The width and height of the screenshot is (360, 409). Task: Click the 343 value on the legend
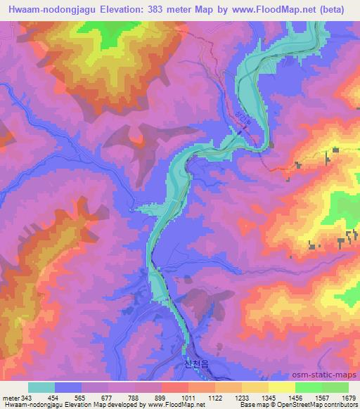(x=26, y=398)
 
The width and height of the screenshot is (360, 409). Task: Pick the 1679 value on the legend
(x=347, y=398)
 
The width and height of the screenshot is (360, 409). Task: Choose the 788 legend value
(x=133, y=398)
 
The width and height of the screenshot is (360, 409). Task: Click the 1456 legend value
(x=293, y=398)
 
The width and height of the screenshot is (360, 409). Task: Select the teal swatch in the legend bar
(x=41, y=387)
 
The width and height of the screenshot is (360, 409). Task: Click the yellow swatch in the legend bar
(x=281, y=387)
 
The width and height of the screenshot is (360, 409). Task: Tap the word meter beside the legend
(x=10, y=398)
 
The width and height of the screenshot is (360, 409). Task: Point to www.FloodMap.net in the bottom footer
(x=169, y=405)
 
